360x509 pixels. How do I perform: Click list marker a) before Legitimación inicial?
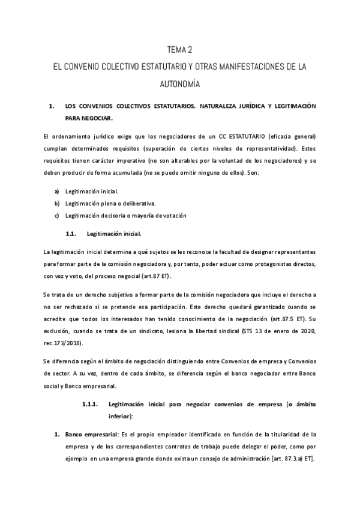pyautogui.click(x=57, y=191)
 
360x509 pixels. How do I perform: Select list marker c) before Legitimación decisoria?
pyautogui.click(x=57, y=215)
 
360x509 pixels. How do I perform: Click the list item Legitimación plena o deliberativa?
pyautogui.click(x=105, y=203)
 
